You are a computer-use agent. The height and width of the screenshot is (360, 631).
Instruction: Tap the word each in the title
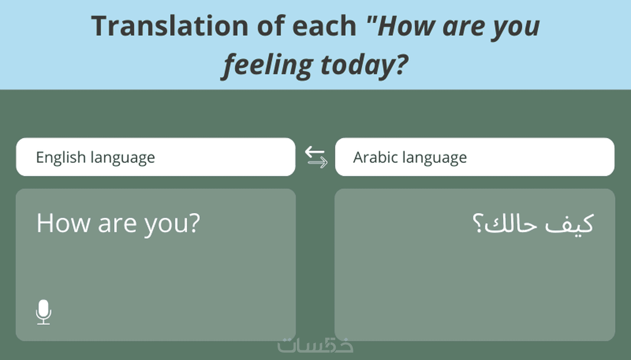pos(324,26)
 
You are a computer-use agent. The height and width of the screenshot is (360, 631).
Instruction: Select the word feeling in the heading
pos(267,65)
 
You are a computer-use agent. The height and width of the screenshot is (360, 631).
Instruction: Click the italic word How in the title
pos(407,26)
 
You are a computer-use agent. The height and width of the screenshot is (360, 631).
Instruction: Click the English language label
pos(95,157)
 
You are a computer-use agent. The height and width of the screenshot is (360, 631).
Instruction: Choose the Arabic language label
pos(410,157)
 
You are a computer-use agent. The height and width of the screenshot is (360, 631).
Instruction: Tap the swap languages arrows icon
pos(316,157)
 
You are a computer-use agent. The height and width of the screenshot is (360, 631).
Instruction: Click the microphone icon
pos(44,312)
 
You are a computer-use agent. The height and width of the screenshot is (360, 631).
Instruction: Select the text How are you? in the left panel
pos(118,224)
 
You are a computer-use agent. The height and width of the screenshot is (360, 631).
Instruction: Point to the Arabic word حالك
pos(510,223)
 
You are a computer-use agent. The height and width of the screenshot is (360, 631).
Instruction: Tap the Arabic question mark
pos(478,223)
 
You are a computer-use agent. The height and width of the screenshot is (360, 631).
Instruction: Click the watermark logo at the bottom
pos(315,345)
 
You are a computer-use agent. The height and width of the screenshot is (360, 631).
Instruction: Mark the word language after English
pos(123,158)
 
